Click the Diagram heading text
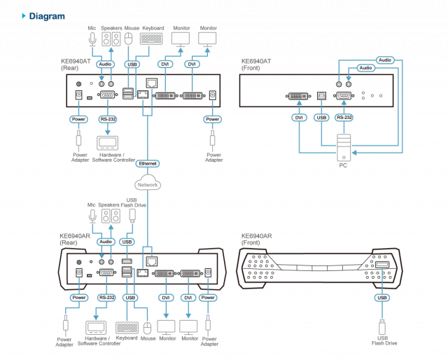coord(48,15)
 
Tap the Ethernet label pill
coord(148,163)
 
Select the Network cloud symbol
coord(148,185)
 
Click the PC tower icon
coord(343,148)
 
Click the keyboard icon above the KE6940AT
coord(153,40)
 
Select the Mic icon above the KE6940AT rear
coord(92,40)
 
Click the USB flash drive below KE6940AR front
coord(382,326)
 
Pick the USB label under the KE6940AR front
coord(382,297)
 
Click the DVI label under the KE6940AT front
coord(299,117)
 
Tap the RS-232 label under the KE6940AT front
coord(344,117)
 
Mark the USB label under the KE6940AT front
coord(321,117)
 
